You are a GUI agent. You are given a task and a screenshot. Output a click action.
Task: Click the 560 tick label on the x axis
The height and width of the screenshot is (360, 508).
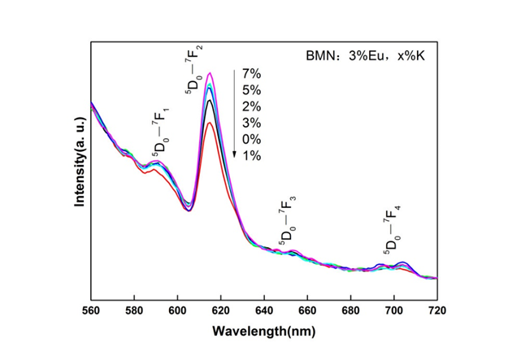click(91, 310)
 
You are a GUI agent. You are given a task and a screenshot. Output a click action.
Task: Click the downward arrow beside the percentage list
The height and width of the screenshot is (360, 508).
click(234, 114)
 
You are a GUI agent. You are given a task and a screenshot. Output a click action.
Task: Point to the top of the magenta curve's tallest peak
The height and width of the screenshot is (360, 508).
click(211, 73)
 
